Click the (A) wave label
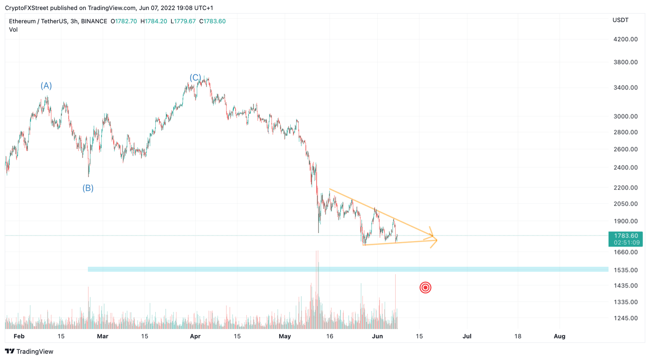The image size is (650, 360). point(46,86)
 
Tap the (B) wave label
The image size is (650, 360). point(88,188)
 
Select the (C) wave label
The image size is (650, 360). point(195,78)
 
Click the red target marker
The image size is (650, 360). point(425,288)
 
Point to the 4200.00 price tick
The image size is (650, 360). point(625,39)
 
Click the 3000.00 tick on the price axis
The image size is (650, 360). point(625,116)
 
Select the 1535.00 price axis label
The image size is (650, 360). point(625,270)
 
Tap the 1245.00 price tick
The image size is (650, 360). point(625,318)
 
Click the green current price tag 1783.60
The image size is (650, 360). point(625,239)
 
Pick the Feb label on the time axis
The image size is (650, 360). point(19,336)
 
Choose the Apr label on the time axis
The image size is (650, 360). point(195,336)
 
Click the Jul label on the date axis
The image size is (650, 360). point(467,336)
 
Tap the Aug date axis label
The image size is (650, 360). point(559,336)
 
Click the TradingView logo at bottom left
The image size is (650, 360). point(29,352)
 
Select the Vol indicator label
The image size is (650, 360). point(14,30)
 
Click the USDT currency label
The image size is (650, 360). point(620,20)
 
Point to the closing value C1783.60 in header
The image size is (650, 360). point(212,21)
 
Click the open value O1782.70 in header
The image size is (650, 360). point(124,21)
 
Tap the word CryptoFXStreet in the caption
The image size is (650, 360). point(27,8)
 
